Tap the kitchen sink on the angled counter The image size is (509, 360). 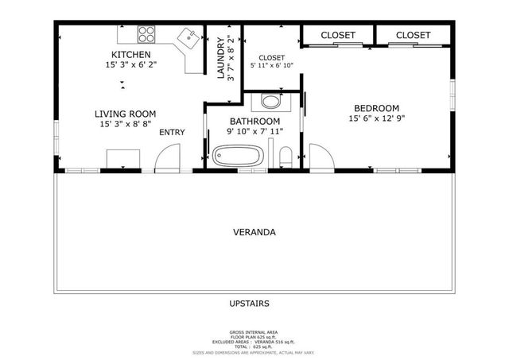point(188,37)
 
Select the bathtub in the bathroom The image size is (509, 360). point(237,157)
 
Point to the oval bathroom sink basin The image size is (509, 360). point(271,102)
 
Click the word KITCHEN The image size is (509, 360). point(130,55)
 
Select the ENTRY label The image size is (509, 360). point(173,132)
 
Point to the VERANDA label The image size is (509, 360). point(254,233)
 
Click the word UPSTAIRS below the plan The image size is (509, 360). point(249,304)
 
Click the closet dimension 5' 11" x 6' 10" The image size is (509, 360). point(271,66)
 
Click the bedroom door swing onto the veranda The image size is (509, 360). point(321,157)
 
